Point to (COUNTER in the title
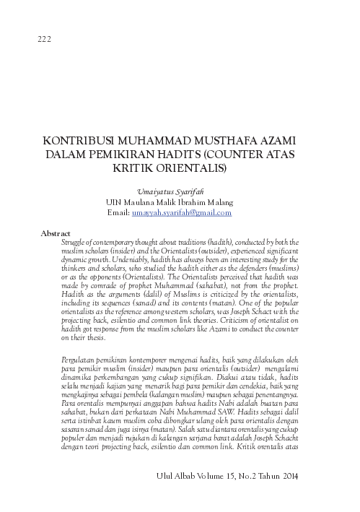coord(240,154)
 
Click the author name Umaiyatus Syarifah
coord(179,193)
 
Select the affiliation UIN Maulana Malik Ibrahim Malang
coord(179,203)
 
